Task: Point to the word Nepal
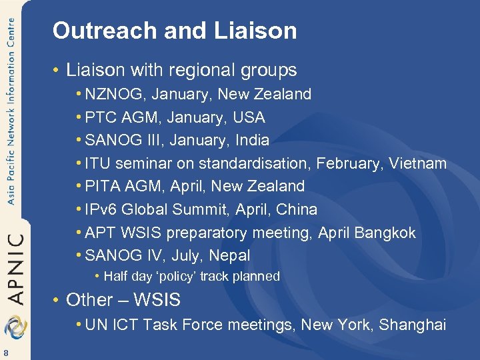click(x=229, y=255)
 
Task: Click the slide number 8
click(x=5, y=352)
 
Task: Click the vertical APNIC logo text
click(x=15, y=267)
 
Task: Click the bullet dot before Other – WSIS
click(x=57, y=301)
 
